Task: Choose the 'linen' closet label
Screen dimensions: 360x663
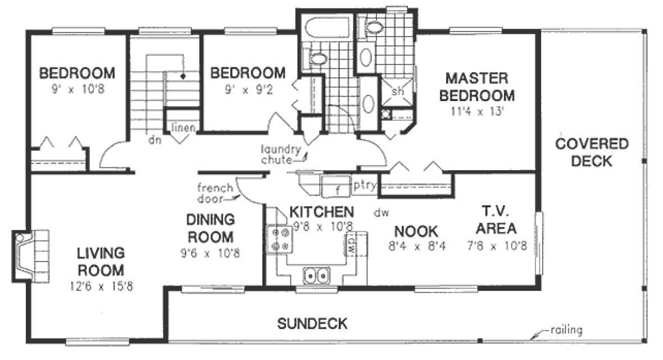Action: point(183,127)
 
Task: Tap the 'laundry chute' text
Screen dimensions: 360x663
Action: point(280,155)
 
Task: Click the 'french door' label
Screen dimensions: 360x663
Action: point(214,193)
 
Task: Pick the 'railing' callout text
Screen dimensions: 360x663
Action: point(566,330)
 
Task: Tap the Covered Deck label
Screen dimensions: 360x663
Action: point(592,153)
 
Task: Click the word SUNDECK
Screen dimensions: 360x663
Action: point(312,323)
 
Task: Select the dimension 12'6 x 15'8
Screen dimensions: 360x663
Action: point(102,286)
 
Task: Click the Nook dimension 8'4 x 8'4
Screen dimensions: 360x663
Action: point(416,246)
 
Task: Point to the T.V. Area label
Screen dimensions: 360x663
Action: point(495,220)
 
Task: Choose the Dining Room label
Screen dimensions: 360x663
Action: point(211,227)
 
